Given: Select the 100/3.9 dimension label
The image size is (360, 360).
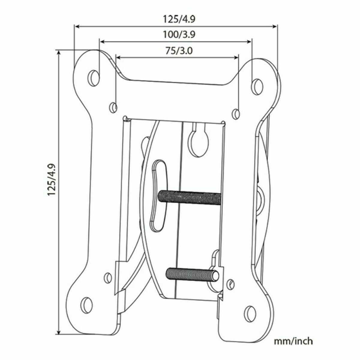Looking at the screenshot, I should point(179,35).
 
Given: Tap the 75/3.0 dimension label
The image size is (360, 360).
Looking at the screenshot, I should point(179,51).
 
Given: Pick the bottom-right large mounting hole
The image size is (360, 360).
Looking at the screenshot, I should point(250,314).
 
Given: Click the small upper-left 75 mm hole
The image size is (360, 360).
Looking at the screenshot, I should point(113,107).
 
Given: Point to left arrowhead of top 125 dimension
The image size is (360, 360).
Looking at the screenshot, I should point(77,26).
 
